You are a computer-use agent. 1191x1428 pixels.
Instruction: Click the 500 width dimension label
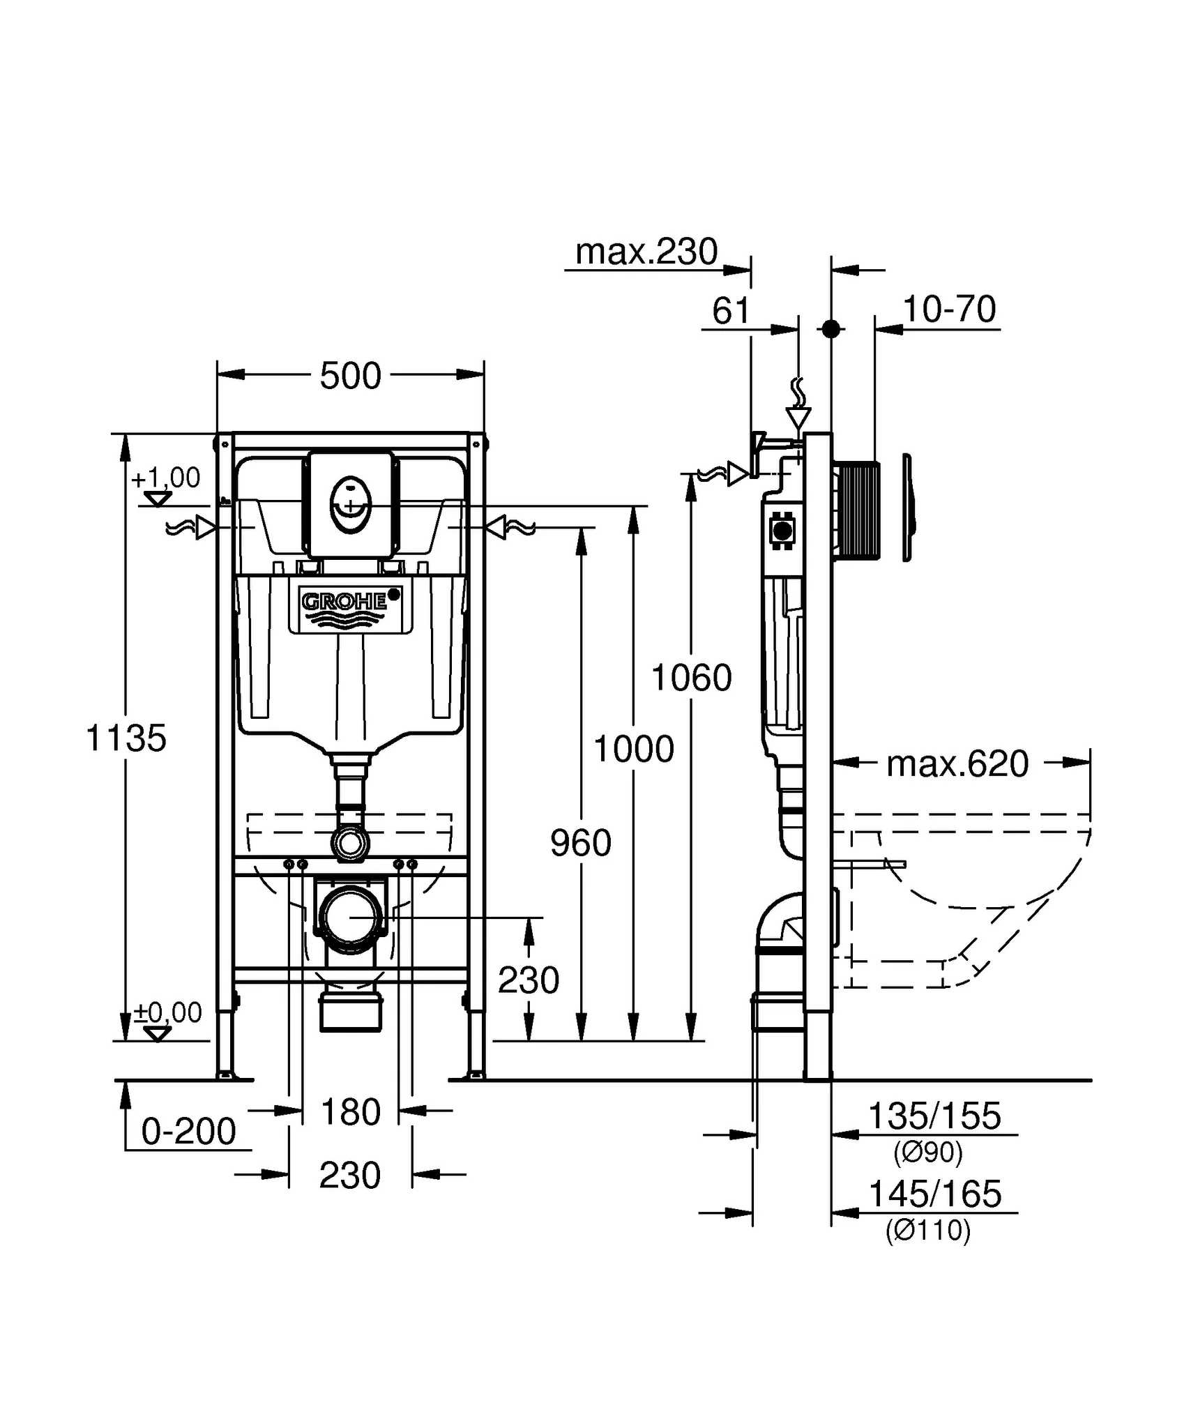[350, 377]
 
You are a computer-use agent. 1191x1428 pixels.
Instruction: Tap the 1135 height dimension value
[126, 738]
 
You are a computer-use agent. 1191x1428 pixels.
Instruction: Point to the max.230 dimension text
[646, 252]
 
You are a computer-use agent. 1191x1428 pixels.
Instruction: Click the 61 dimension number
[731, 311]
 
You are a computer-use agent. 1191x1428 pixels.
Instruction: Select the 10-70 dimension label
[949, 310]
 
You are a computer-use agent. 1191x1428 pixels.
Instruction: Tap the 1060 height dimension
[691, 678]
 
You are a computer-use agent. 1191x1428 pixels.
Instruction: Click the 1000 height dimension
[633, 750]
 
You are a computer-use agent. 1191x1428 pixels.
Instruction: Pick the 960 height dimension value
[581, 843]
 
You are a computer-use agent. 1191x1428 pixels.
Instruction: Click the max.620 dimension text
[957, 764]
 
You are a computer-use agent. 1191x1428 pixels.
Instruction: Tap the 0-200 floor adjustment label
[188, 1131]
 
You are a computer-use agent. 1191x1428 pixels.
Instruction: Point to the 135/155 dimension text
[934, 1116]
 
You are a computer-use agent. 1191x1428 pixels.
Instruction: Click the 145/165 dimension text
[934, 1194]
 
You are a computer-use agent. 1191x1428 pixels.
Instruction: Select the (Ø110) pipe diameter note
[928, 1231]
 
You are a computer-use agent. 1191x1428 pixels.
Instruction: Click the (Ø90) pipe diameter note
[928, 1153]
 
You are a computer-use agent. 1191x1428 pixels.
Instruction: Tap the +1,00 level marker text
[165, 478]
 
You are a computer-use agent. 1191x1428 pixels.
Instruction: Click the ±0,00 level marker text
[168, 1012]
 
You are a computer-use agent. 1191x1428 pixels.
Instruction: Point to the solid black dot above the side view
[830, 329]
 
